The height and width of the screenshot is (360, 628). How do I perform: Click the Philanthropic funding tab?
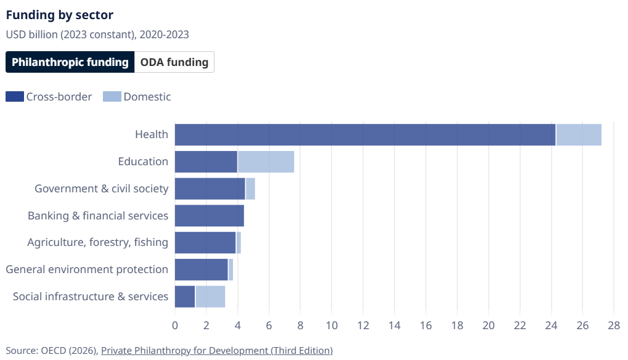pyautogui.click(x=70, y=62)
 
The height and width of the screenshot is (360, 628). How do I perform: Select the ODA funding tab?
pyautogui.click(x=174, y=62)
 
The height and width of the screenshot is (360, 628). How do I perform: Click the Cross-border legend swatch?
pyautogui.click(x=15, y=97)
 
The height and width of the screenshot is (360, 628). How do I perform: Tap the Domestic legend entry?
pyautogui.click(x=137, y=97)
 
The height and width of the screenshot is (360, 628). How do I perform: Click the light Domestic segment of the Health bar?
pyautogui.click(x=579, y=134)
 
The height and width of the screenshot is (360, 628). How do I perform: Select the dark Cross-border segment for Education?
pyautogui.click(x=206, y=162)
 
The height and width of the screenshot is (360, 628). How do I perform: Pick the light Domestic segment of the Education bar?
pyautogui.click(x=266, y=162)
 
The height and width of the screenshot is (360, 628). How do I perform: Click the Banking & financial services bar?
pyautogui.click(x=210, y=216)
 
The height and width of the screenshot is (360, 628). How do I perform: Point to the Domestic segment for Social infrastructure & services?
pyautogui.click(x=210, y=297)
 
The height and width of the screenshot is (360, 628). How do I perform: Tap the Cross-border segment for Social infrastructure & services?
pyautogui.click(x=185, y=297)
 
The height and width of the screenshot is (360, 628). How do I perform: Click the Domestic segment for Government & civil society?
pyautogui.click(x=250, y=189)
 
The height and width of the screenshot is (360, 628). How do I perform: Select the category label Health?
pyautogui.click(x=152, y=134)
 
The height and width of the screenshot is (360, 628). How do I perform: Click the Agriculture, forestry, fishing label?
pyautogui.click(x=97, y=242)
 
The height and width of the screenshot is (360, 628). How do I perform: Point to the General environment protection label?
pyautogui.click(x=87, y=269)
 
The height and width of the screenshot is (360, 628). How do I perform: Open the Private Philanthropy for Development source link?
pyautogui.click(x=216, y=351)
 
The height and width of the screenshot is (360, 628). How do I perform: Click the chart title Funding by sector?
pyautogui.click(x=60, y=15)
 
